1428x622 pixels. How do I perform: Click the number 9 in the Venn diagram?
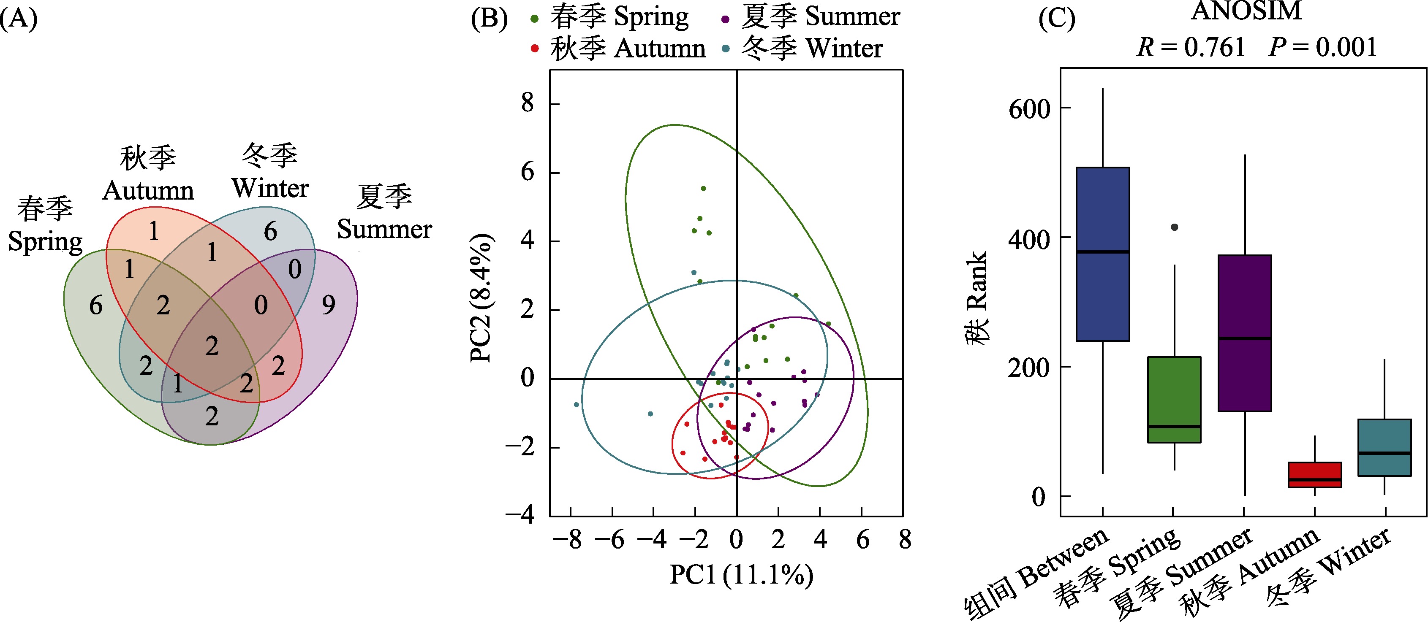point(329,305)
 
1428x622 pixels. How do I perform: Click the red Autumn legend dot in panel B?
point(534,49)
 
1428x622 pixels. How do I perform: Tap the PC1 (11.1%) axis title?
point(741,574)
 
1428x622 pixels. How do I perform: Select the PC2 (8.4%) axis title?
point(481,298)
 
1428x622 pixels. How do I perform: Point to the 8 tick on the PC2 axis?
point(527,103)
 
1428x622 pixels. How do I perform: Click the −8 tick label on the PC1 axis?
point(568,539)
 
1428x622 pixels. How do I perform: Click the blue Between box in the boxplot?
point(1103,254)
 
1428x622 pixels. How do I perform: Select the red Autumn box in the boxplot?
point(1314,475)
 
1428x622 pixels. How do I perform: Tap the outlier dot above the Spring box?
point(1174,227)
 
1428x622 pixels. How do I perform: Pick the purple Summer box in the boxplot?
point(1245,333)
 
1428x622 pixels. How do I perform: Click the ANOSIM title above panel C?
point(1246,11)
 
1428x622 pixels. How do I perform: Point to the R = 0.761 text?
point(1191,48)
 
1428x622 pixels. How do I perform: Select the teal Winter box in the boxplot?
point(1384,448)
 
